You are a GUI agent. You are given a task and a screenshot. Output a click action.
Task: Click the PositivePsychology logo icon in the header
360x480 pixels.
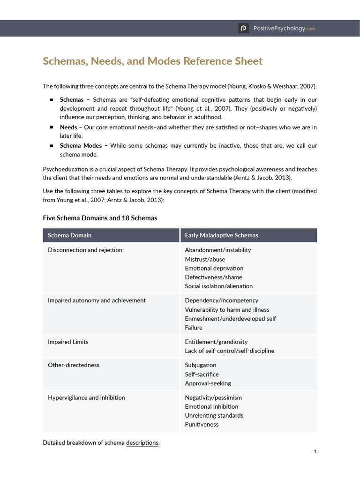point(243,29)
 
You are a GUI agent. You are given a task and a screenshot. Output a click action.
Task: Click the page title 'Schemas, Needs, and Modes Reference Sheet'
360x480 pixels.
point(153,61)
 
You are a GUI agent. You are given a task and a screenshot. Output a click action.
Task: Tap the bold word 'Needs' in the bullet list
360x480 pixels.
point(68,127)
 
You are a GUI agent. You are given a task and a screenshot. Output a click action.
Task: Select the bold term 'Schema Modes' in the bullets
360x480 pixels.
point(81,145)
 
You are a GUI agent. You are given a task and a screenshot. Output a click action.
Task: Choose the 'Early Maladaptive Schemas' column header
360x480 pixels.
point(221,235)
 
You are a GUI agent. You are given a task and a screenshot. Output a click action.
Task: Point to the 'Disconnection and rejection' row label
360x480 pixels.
point(85,250)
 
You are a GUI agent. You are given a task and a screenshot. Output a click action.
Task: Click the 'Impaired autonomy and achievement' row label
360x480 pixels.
point(97,300)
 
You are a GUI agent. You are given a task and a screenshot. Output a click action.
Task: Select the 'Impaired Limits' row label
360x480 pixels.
point(68,342)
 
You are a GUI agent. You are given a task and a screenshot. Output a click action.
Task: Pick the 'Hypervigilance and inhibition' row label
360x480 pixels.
point(86,397)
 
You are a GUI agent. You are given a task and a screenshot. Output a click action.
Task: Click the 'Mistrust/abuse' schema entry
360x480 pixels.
point(205,259)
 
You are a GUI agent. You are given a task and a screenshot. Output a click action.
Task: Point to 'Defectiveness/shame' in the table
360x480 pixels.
point(213,277)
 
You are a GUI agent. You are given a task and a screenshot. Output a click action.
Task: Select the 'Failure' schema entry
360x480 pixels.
point(194,328)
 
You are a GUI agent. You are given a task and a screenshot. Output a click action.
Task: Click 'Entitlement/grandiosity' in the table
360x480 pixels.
point(216,342)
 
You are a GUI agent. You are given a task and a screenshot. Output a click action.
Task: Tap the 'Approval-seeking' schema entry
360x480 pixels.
point(208,383)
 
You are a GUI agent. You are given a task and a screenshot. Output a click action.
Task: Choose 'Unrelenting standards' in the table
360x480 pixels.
point(214,415)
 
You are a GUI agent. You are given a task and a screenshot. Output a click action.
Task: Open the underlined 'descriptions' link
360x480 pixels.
point(142,442)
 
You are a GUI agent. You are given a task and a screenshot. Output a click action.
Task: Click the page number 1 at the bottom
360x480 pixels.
point(315,451)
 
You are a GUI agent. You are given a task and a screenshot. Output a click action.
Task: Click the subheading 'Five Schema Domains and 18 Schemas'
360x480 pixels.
point(100,218)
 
